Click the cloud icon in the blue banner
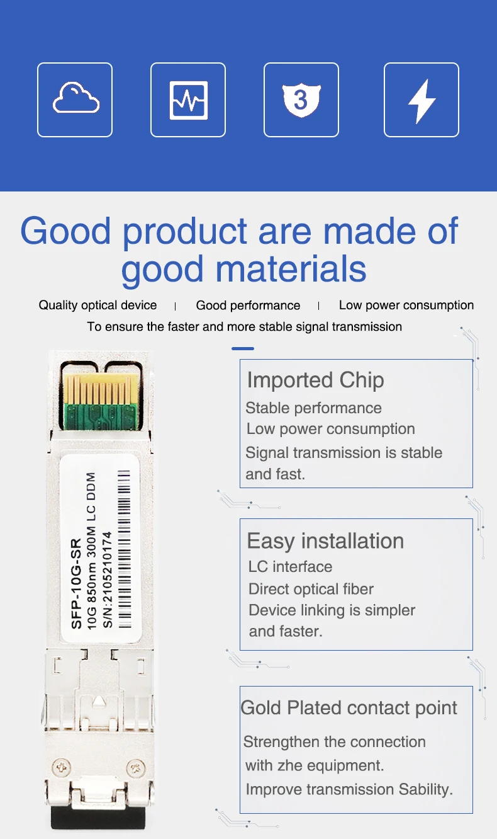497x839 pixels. pyautogui.click(x=75, y=100)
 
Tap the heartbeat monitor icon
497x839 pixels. pyautogui.click(x=188, y=100)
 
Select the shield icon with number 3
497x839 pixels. pyautogui.click(x=301, y=100)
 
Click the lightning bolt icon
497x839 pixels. pyautogui.click(x=422, y=100)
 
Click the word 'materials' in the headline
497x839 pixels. pyautogui.click(x=243, y=269)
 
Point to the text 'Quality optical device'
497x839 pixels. pyautogui.click(x=98, y=305)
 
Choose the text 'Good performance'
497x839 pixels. pyautogui.click(x=248, y=305)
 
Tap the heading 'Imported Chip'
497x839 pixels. pyautogui.click(x=315, y=380)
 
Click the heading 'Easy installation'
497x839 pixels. pyautogui.click(x=325, y=541)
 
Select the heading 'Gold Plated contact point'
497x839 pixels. pyautogui.click(x=349, y=708)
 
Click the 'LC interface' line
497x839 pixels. pyautogui.click(x=290, y=567)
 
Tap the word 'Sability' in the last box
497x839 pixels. pyautogui.click(x=426, y=789)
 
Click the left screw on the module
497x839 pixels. pyautogui.click(x=62, y=768)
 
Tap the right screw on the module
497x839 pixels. pyautogui.click(x=135, y=768)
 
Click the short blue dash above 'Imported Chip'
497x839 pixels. pyautogui.click(x=243, y=348)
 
